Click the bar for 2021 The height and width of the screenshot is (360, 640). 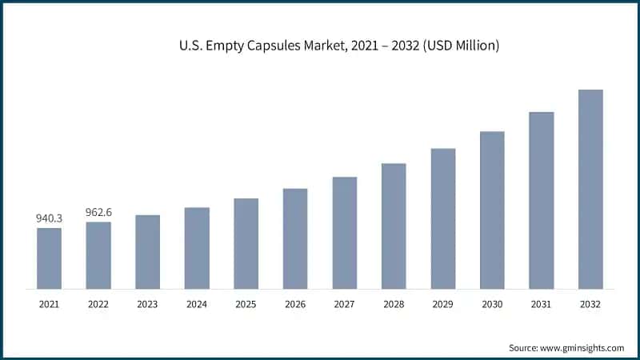(x=49, y=258)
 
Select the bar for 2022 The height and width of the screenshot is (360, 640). (x=98, y=255)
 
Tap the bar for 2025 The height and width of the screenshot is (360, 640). (x=246, y=243)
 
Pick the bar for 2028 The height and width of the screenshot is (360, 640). (x=394, y=226)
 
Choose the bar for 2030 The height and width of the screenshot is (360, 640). (x=492, y=210)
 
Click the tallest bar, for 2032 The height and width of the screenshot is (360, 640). (x=590, y=189)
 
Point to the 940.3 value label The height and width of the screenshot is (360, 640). (x=49, y=218)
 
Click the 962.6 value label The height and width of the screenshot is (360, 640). (x=98, y=212)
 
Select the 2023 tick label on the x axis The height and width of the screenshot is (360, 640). (x=147, y=304)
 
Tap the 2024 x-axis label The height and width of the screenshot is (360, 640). (x=197, y=304)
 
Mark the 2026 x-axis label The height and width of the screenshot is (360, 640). (x=295, y=304)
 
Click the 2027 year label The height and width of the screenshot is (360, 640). (x=344, y=304)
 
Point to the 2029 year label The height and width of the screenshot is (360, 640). (x=442, y=304)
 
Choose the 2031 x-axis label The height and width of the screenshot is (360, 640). (x=542, y=304)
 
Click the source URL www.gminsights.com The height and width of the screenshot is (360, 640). (x=583, y=348)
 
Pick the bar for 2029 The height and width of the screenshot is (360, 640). (x=443, y=218)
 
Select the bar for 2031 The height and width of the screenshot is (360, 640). (x=542, y=200)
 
